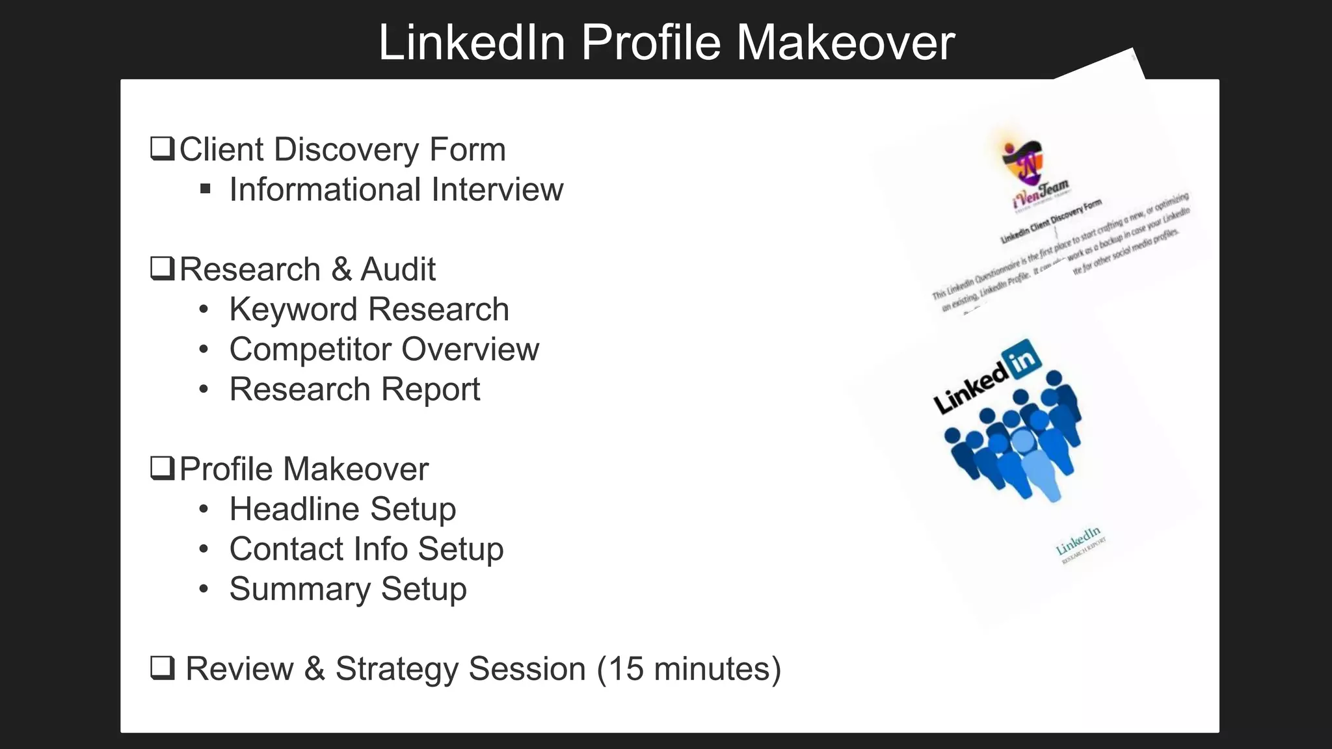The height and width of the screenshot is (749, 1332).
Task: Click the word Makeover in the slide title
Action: point(845,43)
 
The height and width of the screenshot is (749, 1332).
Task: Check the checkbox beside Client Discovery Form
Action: point(162,148)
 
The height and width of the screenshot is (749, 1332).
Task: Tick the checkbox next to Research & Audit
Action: point(162,268)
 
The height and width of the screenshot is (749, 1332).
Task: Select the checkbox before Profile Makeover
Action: point(162,467)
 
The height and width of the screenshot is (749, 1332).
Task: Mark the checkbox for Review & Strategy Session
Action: point(162,667)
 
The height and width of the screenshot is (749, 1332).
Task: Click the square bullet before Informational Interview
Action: point(206,189)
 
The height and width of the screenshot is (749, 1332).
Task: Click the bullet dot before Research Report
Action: point(204,389)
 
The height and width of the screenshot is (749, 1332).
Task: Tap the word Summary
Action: point(300,590)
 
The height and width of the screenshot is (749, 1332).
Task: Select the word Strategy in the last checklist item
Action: point(395,669)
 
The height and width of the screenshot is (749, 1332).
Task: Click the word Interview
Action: point(497,190)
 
